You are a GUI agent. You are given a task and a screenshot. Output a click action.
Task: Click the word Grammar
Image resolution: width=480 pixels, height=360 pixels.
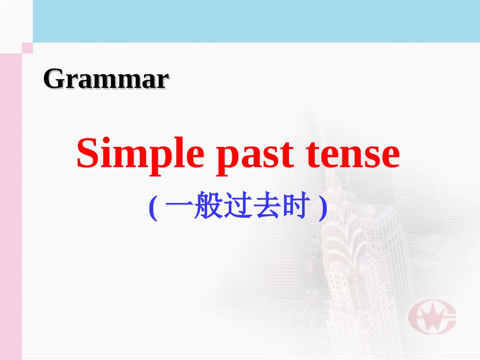106,79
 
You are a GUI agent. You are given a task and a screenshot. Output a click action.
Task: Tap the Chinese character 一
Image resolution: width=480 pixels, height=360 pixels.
178,209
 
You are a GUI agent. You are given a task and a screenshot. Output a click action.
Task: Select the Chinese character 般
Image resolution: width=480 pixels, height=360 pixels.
208,208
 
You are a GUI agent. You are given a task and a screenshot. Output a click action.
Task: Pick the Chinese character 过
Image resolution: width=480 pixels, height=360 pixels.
237,208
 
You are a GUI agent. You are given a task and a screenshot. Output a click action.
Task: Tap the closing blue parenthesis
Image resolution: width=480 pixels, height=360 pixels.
323,209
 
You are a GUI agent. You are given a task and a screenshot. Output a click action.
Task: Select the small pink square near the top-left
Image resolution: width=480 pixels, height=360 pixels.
27,48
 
